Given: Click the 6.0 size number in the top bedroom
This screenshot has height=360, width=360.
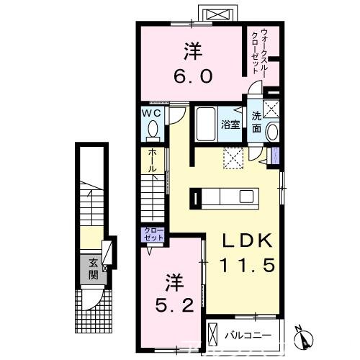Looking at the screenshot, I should click(194, 76).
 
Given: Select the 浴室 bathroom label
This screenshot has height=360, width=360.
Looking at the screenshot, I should click(230, 124).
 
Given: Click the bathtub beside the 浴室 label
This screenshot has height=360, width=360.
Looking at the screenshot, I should click(205, 125).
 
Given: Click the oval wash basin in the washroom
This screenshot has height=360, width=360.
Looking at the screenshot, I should click(272, 132).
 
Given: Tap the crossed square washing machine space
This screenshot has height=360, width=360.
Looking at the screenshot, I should click(271, 109).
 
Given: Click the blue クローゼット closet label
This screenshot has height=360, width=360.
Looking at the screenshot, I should click(153, 235).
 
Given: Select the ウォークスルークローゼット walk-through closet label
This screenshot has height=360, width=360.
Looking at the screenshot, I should click(261, 50).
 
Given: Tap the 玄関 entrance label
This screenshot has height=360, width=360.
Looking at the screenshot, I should click(94, 267).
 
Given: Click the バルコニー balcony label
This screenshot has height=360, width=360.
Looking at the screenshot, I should click(251, 335).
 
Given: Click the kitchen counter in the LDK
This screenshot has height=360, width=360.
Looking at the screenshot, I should click(222, 196).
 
